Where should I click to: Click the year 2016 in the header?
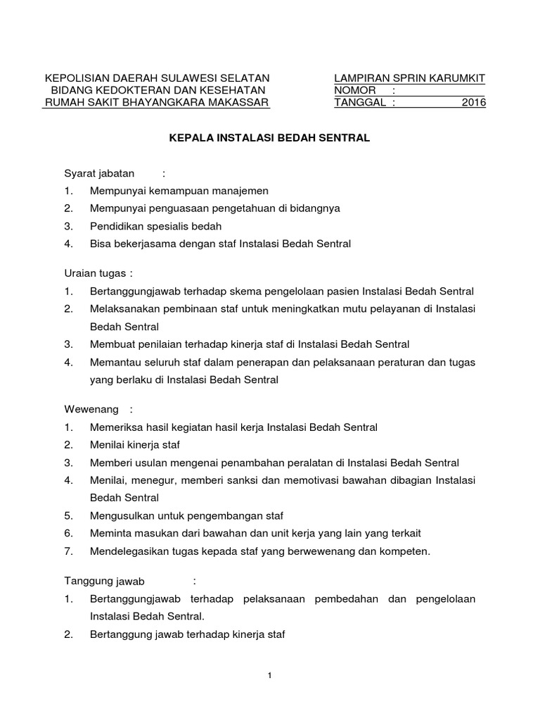point(474,103)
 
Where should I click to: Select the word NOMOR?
point(355,90)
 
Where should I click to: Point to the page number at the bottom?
point(270,676)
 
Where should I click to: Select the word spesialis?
point(170,227)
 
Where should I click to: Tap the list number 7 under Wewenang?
point(68,551)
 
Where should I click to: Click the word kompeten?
point(406,551)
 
